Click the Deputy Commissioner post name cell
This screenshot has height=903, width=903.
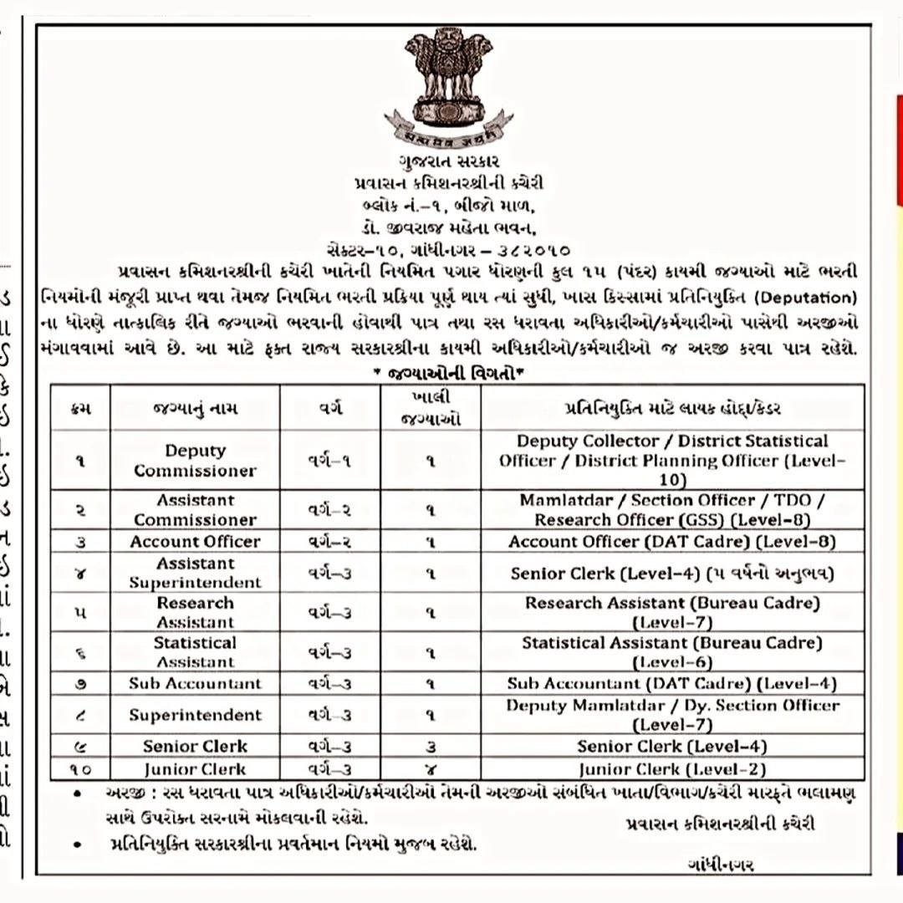[195, 460]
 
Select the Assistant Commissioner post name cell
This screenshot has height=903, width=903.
[195, 509]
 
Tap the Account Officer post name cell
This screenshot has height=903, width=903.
[195, 541]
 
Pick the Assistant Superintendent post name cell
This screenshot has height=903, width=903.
[195, 573]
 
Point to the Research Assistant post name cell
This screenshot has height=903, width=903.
[195, 612]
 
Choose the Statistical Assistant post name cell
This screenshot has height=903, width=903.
[195, 652]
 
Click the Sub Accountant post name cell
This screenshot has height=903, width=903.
[195, 683]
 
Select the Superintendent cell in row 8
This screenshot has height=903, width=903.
[195, 715]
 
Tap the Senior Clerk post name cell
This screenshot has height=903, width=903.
[195, 747]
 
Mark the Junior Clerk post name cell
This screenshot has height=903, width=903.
[195, 769]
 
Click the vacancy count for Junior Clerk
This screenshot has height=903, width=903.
[431, 769]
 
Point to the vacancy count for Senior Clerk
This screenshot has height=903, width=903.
[431, 747]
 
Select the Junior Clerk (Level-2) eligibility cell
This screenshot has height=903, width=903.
[672, 769]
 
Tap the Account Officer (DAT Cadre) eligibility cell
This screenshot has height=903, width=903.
[672, 541]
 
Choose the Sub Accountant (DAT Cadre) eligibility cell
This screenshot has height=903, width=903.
[672, 683]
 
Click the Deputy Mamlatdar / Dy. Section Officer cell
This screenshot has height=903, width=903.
[672, 715]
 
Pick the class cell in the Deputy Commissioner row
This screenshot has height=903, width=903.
[329, 460]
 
